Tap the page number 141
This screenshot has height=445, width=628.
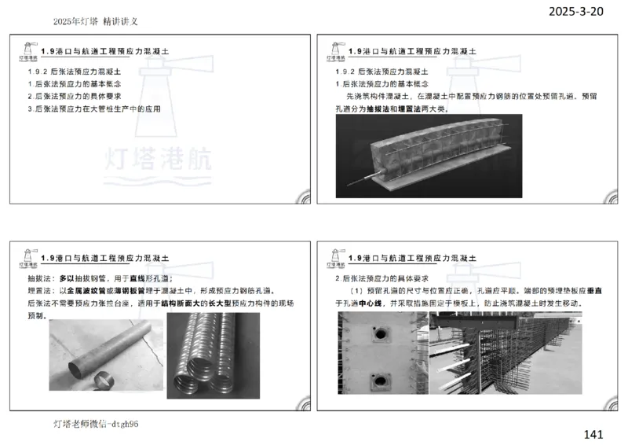(593, 434)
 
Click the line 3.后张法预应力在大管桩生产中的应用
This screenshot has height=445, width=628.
(94, 108)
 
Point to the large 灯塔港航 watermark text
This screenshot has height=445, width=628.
(157, 160)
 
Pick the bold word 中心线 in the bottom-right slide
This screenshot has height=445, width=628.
(376, 302)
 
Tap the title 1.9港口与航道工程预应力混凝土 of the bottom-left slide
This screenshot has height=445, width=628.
(105, 258)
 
